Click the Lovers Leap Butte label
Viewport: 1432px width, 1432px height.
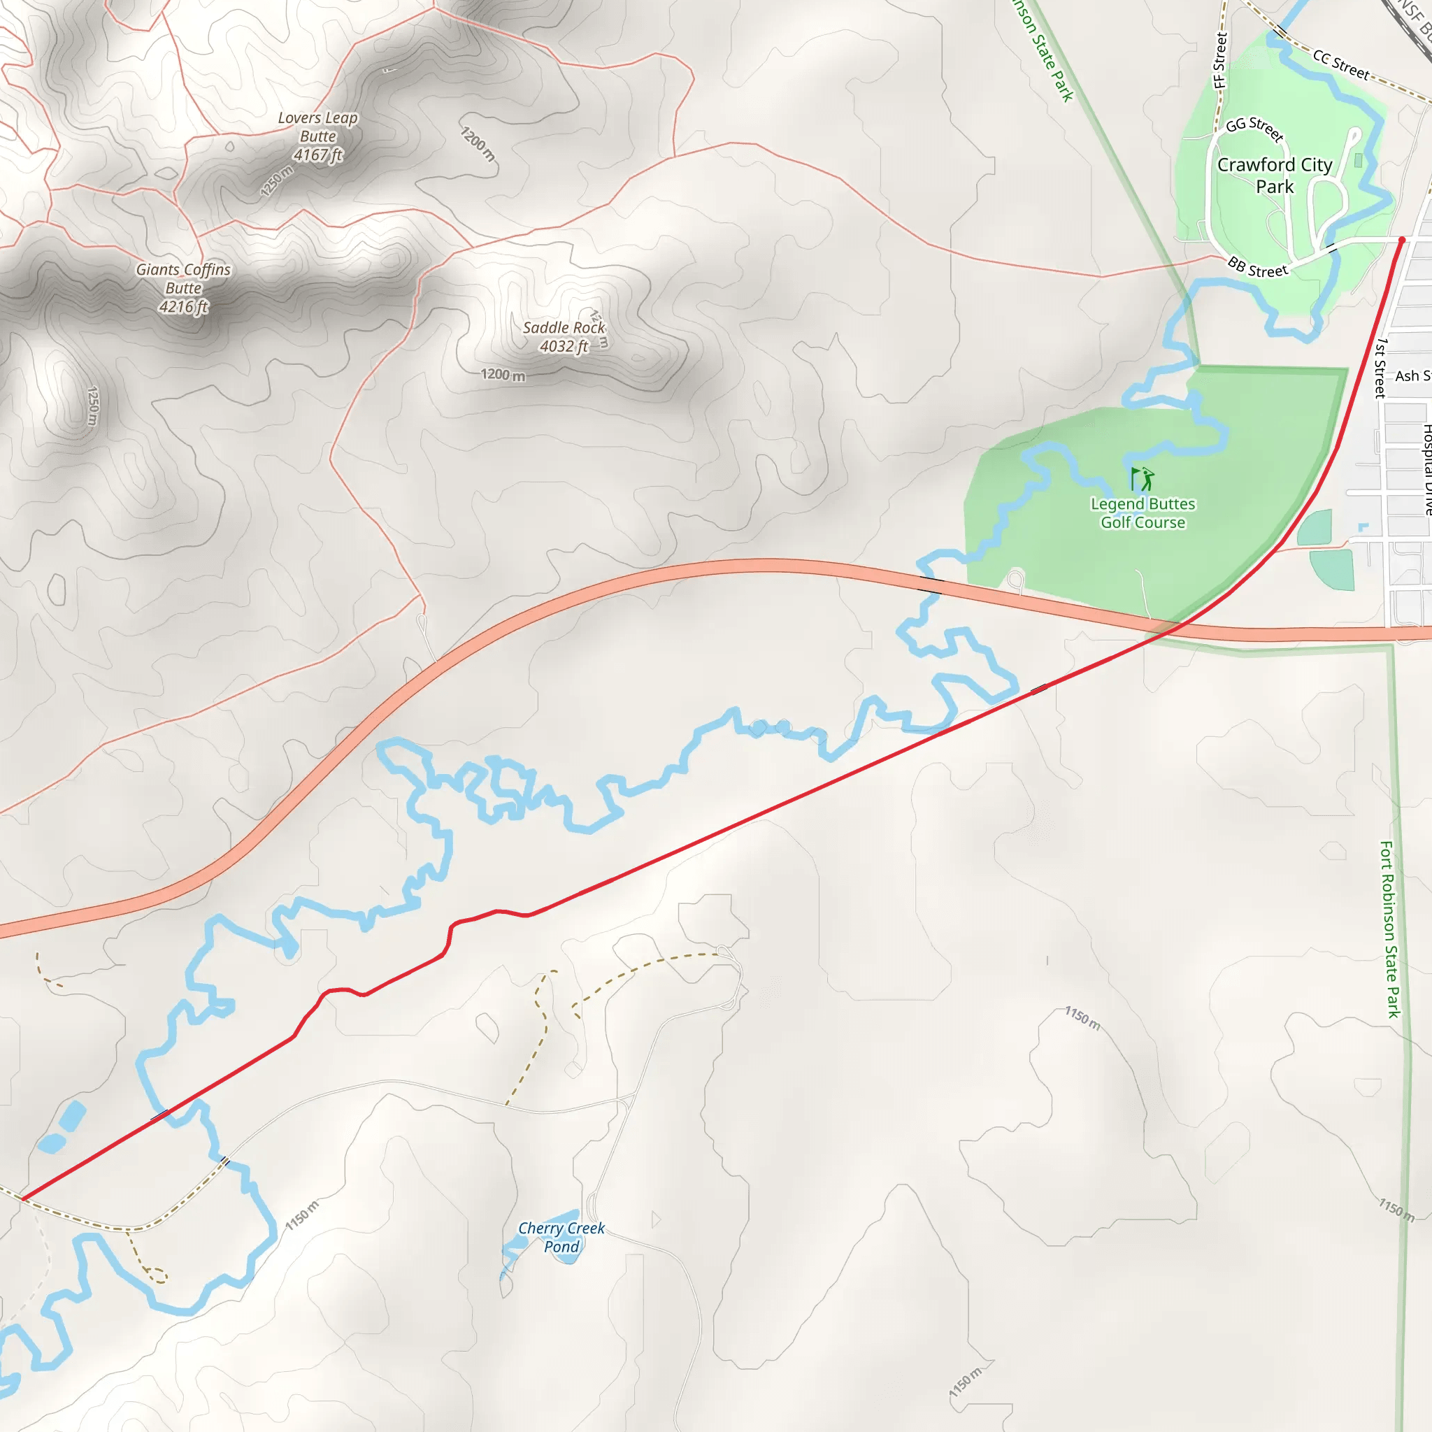pos(318,136)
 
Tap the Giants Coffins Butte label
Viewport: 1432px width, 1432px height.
pos(183,288)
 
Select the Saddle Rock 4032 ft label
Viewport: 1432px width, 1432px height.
pos(564,337)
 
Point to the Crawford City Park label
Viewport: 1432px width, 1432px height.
pos(1274,176)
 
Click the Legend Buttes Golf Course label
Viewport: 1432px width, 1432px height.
pos(1143,513)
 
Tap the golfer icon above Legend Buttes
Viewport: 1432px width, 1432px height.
pos(1143,479)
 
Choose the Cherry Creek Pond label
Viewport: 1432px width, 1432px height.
pos(561,1237)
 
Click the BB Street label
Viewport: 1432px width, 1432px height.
pos(1258,268)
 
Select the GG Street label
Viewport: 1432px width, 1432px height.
pos(1254,129)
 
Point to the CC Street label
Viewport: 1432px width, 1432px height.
pos(1341,65)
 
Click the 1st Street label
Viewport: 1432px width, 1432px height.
pos(1380,368)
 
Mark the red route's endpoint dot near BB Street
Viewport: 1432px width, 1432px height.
pos(1402,240)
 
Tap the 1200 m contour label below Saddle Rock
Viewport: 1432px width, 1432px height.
pos(503,375)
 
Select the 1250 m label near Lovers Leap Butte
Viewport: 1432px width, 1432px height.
pos(276,181)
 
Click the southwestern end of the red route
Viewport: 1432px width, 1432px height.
pos(24,1198)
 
